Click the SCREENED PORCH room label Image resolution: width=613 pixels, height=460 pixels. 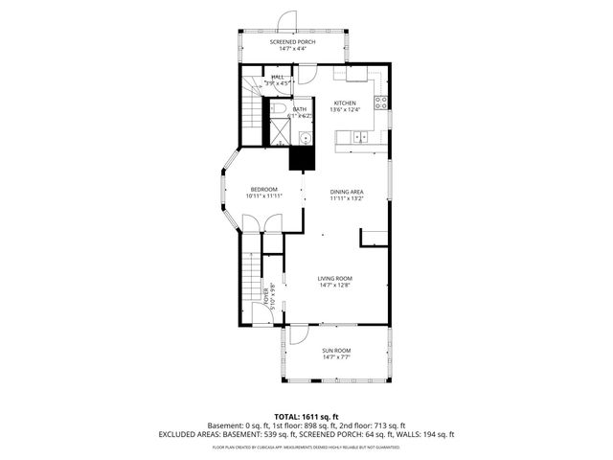(293, 43)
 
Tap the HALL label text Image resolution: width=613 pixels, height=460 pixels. (278, 77)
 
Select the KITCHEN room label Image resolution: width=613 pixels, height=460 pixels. (345, 103)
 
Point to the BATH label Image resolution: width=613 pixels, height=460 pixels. (300, 109)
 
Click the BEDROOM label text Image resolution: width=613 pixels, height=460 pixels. (264, 190)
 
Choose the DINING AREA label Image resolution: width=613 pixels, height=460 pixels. (348, 191)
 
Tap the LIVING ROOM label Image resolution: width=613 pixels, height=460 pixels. (335, 278)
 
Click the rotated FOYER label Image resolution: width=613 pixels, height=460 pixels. (267, 297)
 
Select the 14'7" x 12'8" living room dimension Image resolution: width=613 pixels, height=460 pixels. (335, 286)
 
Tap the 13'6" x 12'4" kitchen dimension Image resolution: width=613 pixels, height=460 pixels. (345, 110)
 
